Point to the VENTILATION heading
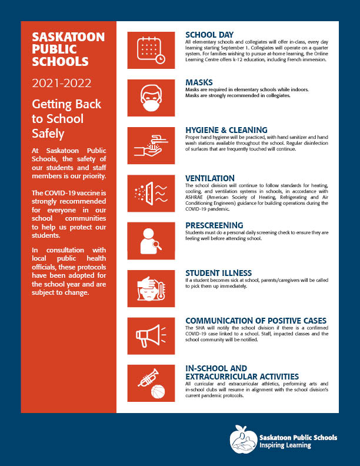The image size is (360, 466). tap(210, 178)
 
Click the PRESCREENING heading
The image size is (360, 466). tap(214, 225)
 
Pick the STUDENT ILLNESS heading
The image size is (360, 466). tap(219, 273)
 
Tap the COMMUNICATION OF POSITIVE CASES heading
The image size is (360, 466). tap(255, 321)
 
